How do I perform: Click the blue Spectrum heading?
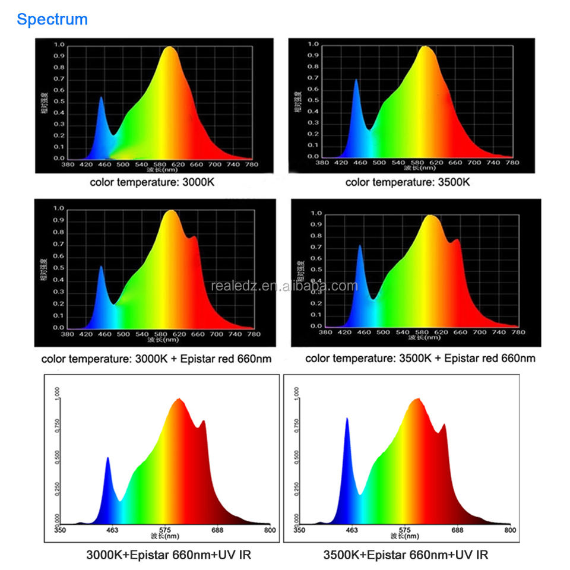coord(52,20)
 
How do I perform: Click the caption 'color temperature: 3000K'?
coord(152,182)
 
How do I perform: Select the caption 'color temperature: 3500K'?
coord(407,182)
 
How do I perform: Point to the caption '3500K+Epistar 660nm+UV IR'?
coord(406,555)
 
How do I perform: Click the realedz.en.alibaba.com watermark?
coord(285,286)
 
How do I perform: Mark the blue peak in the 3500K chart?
coord(356,81)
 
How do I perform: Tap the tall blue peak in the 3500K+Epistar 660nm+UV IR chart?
coord(347,420)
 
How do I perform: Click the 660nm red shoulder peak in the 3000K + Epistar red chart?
coord(194,237)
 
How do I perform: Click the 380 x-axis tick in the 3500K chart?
coord(322,163)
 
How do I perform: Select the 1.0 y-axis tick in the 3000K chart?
coord(59,45)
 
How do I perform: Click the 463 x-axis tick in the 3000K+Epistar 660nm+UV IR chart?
coord(112,530)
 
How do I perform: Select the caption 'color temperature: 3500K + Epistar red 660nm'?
coord(420,358)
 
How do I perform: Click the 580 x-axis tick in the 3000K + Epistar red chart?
coord(161,334)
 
